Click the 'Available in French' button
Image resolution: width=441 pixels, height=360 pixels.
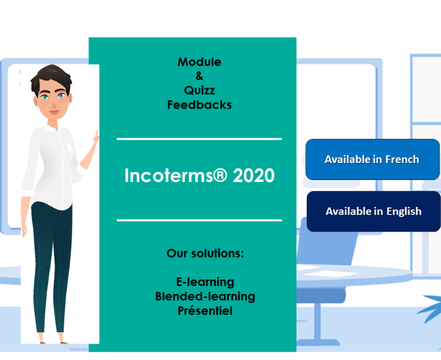tap(372, 159)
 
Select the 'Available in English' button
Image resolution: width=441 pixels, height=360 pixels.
tap(373, 211)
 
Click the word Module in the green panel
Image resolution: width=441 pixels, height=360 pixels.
tap(199, 62)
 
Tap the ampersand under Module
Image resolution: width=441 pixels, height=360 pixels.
tap(199, 77)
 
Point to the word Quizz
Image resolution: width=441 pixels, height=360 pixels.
tap(199, 90)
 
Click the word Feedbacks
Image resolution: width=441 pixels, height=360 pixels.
tap(199, 105)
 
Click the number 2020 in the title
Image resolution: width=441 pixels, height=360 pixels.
tap(253, 176)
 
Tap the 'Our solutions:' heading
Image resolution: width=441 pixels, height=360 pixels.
tap(204, 253)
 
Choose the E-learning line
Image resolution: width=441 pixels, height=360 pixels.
tap(204, 282)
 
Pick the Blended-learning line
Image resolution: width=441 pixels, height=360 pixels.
tap(204, 297)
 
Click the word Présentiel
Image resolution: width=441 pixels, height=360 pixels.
tap(204, 311)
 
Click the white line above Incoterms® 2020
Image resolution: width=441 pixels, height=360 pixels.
tap(199, 139)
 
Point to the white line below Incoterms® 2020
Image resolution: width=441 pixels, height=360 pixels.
tap(199, 221)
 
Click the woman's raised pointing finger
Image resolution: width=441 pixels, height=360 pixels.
tap(96, 135)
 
